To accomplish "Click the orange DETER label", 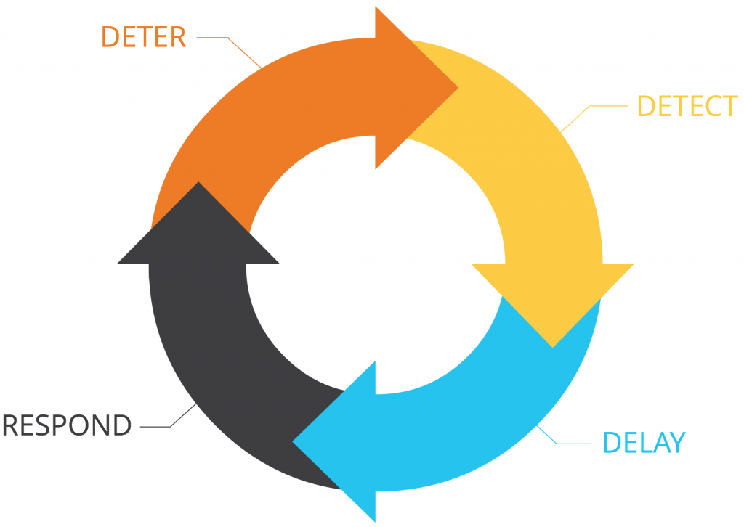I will tap(143, 36).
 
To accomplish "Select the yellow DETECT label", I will tap(687, 106).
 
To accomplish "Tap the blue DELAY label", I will tap(644, 442).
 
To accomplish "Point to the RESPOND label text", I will tap(67, 425).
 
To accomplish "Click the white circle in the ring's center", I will tap(375, 264).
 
